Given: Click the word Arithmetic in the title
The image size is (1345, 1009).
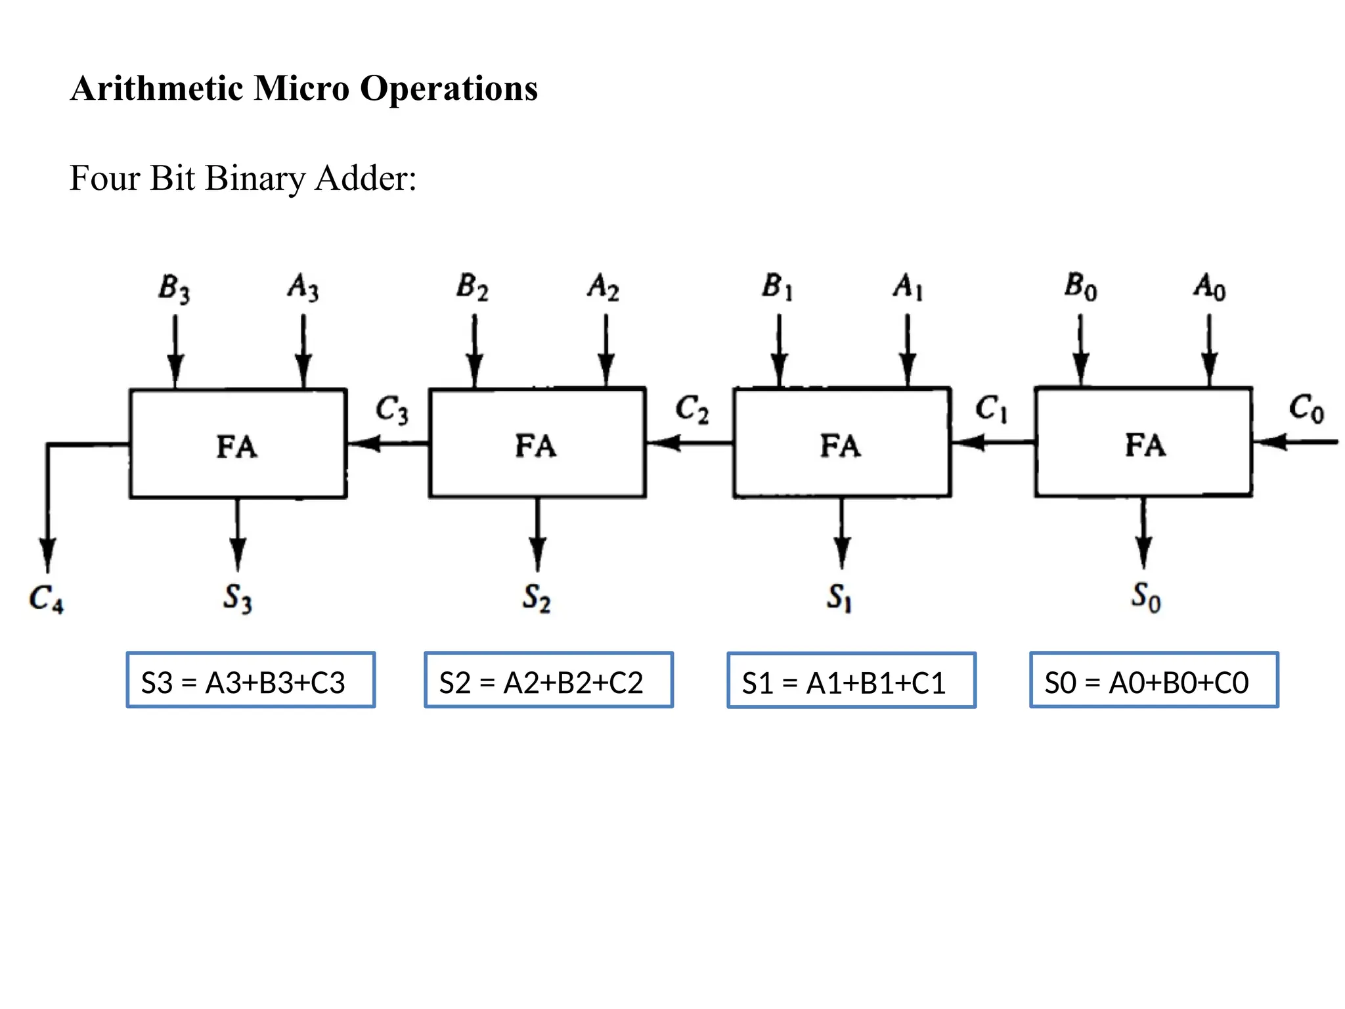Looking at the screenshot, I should click(156, 88).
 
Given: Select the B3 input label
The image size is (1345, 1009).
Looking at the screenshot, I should click(174, 288).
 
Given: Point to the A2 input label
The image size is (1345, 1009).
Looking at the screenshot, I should click(603, 288).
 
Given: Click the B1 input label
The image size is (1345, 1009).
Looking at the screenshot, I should click(778, 287).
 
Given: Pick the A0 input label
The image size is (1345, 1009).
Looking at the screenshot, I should click(1209, 288).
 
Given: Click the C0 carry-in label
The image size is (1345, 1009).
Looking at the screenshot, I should click(1306, 409).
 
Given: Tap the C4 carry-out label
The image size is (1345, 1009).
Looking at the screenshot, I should click(46, 598).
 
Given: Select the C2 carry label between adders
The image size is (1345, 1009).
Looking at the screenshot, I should click(692, 409).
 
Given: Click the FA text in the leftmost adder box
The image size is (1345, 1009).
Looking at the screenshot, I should click(237, 447).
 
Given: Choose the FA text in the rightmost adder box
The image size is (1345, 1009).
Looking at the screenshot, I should click(1145, 445).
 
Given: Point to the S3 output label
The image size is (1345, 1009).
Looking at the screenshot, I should click(237, 598).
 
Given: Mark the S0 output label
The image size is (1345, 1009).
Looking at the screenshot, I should click(1145, 597).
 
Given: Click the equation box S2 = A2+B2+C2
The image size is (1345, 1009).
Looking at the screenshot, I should click(548, 680).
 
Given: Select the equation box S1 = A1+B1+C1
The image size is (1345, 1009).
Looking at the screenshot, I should click(851, 681).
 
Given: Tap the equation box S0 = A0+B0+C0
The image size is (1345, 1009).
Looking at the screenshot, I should click(1154, 680).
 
